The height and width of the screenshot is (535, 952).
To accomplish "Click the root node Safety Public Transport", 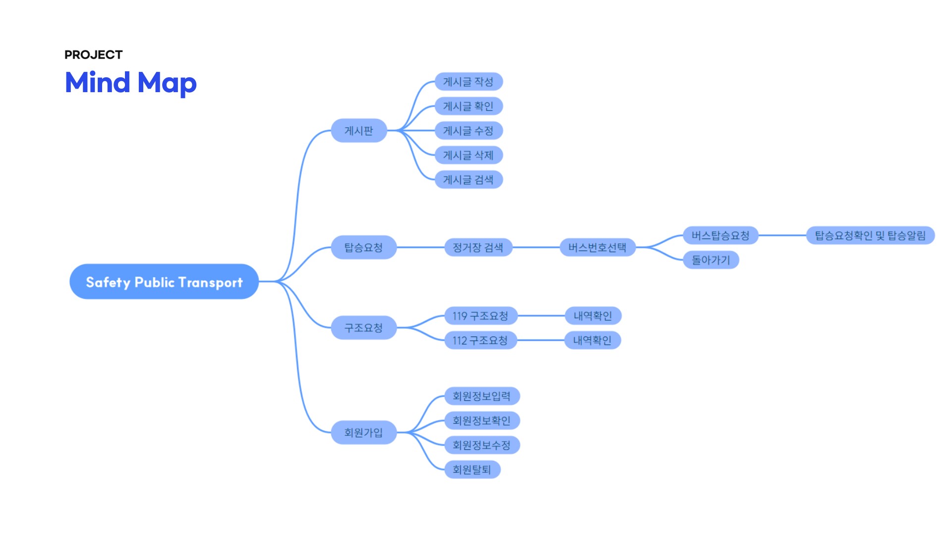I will point(164,282).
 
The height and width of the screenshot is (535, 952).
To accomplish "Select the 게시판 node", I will point(358,131).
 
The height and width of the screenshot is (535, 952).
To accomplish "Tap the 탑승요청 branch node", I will point(363,247).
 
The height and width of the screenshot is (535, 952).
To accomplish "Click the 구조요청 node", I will point(363,327).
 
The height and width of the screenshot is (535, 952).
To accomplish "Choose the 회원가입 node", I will point(363,432).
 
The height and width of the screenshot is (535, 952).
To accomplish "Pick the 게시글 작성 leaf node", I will point(469,82).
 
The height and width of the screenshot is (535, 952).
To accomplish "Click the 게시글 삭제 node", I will point(469,155).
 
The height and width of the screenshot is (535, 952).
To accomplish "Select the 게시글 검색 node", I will point(469,179).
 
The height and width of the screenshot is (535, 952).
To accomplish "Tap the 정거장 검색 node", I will point(478,247).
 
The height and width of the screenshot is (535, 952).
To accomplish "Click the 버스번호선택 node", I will point(597,247).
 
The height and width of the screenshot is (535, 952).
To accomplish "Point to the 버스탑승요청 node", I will point(720,235).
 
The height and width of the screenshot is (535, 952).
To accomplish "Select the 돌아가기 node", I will point(711,260).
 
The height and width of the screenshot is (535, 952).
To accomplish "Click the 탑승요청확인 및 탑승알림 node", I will point(870,235).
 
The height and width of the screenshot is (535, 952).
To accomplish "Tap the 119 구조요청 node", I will point(480,316).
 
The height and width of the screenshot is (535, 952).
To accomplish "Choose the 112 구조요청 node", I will point(480,340).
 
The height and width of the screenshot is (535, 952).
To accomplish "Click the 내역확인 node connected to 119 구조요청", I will point(593,316).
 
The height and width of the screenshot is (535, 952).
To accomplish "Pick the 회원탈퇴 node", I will point(472,469).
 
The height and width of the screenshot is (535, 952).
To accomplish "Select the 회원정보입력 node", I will point(481,396).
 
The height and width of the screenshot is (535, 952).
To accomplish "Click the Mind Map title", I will point(131,82).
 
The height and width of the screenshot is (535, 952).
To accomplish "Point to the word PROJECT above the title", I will point(93,54).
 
